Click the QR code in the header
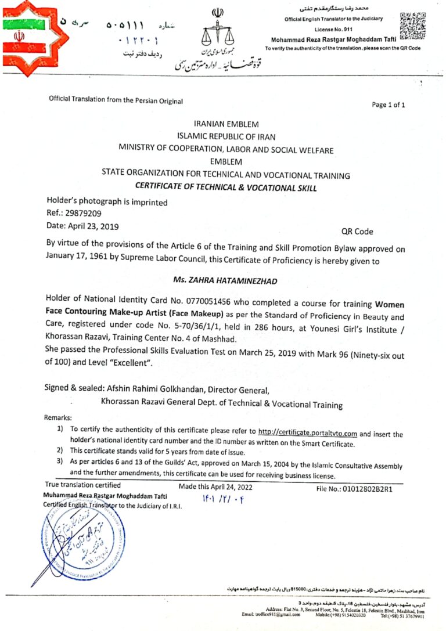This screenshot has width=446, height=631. pyautogui.click(x=413, y=25)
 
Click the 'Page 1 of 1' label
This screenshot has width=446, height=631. pyautogui.click(x=389, y=105)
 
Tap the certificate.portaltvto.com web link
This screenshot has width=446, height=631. pyautogui.click(x=307, y=432)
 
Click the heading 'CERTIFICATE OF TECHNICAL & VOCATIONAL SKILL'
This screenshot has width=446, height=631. pyautogui.click(x=225, y=187)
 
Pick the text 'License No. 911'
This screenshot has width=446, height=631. pyautogui.click(x=333, y=28)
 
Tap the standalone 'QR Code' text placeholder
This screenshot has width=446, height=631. pyautogui.click(x=357, y=232)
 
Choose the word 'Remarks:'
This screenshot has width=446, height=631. pyautogui.click(x=58, y=417)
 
